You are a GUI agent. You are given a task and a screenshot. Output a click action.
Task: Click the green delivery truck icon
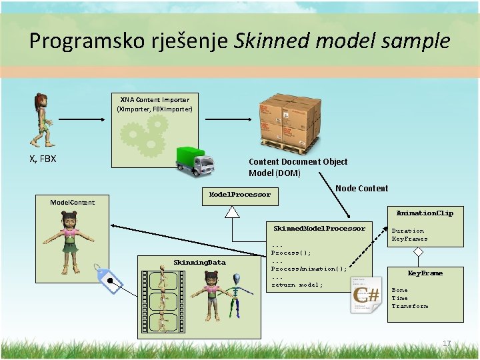tap(194, 160)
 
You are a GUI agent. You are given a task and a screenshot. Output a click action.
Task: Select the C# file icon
tap(366, 295)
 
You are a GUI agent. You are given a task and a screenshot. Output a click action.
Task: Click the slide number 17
tap(447, 343)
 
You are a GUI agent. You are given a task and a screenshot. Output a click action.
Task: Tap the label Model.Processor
tap(240, 195)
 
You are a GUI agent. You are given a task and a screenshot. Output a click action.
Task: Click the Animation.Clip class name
tap(425, 213)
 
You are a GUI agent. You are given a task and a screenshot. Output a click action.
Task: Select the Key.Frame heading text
tap(425, 273)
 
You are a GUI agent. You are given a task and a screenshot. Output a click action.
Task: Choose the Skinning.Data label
tap(199, 262)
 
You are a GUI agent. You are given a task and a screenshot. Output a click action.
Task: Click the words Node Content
tap(361, 189)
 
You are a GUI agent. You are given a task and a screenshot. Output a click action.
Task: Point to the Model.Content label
tap(73, 202)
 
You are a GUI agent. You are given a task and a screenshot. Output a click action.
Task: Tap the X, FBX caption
tap(43, 159)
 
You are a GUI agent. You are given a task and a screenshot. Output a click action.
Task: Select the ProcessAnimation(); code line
tap(309, 269)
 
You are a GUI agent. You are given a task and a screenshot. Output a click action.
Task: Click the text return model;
tap(297, 285)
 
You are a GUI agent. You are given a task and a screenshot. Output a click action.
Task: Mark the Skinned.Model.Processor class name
tap(319, 229)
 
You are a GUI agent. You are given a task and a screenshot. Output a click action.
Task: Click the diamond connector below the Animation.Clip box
tap(418, 252)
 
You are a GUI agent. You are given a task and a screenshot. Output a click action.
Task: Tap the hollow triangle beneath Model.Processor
tap(232, 212)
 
